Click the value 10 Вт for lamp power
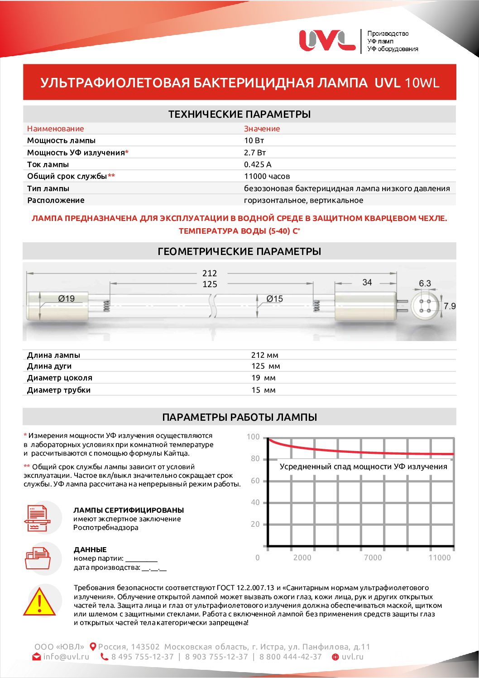(x=254, y=140)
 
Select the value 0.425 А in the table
(x=258, y=164)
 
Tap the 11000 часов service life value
(x=267, y=176)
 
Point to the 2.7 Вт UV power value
(x=255, y=153)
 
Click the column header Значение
(x=262, y=129)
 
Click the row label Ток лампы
(x=48, y=164)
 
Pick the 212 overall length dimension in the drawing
(x=210, y=273)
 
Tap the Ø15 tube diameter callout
(x=274, y=299)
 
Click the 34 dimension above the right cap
(x=367, y=282)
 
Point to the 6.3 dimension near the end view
(x=425, y=284)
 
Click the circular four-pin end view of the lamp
(x=425, y=306)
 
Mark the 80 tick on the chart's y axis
(x=255, y=459)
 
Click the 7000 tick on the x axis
(x=373, y=558)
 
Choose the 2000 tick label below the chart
(x=302, y=558)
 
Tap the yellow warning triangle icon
(x=40, y=604)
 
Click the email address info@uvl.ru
(x=66, y=657)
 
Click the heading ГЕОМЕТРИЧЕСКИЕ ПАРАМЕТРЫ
(x=239, y=251)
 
